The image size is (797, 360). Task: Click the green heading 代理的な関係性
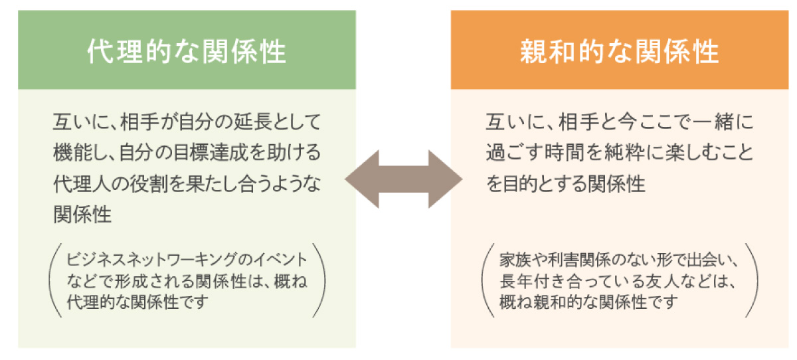187,52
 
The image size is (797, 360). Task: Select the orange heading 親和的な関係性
619,52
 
